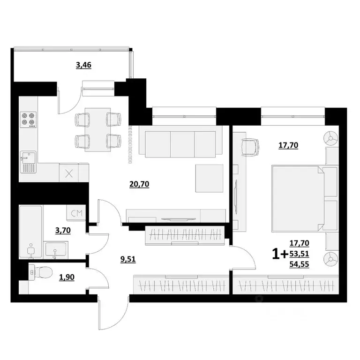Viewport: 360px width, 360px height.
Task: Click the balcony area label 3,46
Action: [83, 65]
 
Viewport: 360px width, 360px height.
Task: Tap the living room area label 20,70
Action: [139, 184]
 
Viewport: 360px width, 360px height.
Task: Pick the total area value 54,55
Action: [300, 264]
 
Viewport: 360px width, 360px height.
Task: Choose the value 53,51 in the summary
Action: [300, 254]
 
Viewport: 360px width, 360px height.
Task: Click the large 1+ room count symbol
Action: [280, 254]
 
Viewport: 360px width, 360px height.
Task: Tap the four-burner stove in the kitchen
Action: [28, 119]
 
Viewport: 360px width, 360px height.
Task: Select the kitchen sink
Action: [28, 162]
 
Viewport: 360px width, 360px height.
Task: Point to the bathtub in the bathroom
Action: [30, 232]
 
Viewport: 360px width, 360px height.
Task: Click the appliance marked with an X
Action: [69, 173]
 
